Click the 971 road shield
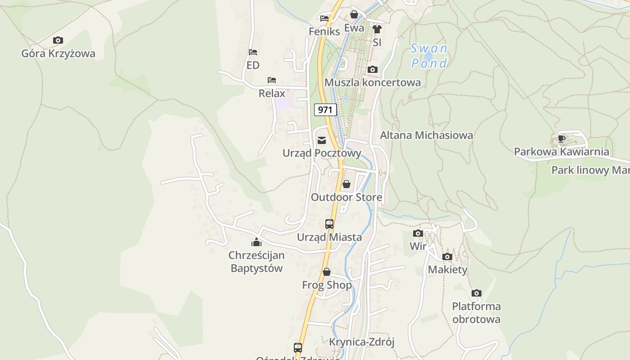pyautogui.click(x=325, y=109)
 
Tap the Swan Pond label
pyautogui.click(x=429, y=56)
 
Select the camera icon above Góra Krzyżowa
pyautogui.click(x=58, y=40)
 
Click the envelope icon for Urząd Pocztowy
pyautogui.click(x=322, y=140)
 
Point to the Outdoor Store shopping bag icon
pyautogui.click(x=346, y=184)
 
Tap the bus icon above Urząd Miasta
pyautogui.click(x=329, y=224)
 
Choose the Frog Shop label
pyautogui.click(x=327, y=285)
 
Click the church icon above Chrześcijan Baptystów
pyautogui.click(x=256, y=243)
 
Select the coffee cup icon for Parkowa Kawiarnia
pyautogui.click(x=561, y=139)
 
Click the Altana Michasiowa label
pyautogui.click(x=426, y=135)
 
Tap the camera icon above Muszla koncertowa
pyautogui.click(x=372, y=69)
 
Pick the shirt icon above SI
pyautogui.click(x=377, y=29)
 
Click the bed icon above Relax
pyautogui.click(x=272, y=80)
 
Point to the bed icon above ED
pyautogui.click(x=253, y=52)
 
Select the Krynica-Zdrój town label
pyautogui.click(x=361, y=342)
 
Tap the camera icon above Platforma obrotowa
pyautogui.click(x=477, y=293)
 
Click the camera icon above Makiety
pyautogui.click(x=447, y=256)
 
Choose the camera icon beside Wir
pyautogui.click(x=418, y=233)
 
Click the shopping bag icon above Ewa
pyautogui.click(x=354, y=14)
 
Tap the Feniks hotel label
pyautogui.click(x=324, y=31)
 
